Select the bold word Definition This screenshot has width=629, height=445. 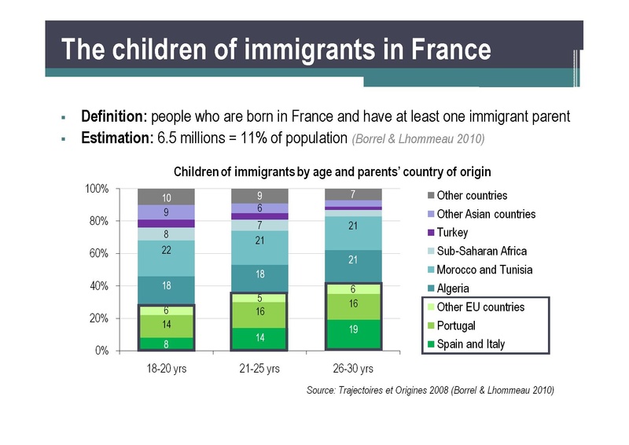(114, 117)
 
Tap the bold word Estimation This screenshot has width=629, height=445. (116, 139)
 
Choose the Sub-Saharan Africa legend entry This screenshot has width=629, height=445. (481, 252)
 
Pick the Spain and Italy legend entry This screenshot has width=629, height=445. (472, 344)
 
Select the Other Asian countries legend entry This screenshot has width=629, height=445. (485, 214)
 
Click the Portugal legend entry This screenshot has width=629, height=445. (457, 325)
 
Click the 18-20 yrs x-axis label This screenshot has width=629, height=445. (166, 369)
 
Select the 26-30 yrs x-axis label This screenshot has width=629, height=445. (353, 369)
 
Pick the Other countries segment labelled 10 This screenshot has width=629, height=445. (166, 197)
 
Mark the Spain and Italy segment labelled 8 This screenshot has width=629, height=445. (166, 344)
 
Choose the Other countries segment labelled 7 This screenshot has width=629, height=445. (353, 194)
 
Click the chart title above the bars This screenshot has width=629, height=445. (333, 171)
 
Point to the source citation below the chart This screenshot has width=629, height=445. (430, 391)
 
